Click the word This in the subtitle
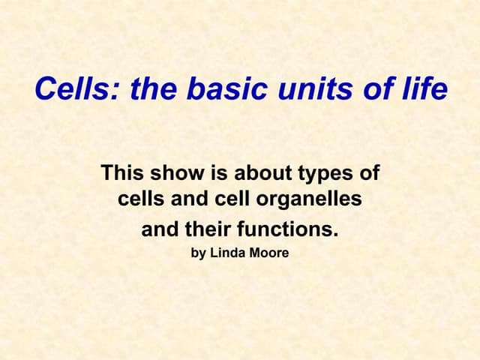point(122,174)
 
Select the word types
point(323,174)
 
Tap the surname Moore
point(268,253)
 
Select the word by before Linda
point(199,253)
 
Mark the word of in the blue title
point(379,91)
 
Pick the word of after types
point(368,174)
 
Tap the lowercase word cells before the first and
point(140,200)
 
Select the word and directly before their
point(159,228)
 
